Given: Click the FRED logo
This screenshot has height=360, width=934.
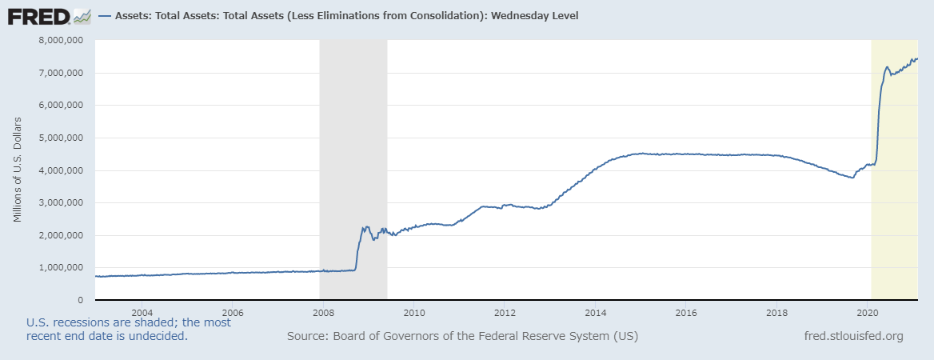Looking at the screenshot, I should click(x=38, y=15).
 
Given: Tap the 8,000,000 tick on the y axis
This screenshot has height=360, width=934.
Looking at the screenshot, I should click(x=65, y=40).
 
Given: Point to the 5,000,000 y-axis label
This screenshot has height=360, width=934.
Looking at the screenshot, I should click(x=65, y=138).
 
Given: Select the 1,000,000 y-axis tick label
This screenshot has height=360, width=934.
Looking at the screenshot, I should click(x=65, y=268).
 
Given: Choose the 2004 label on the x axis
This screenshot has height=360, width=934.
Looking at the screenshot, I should click(x=142, y=312).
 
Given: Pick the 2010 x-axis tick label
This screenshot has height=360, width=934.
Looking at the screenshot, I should click(x=413, y=312).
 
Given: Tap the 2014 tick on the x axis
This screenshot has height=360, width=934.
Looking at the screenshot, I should click(x=595, y=312).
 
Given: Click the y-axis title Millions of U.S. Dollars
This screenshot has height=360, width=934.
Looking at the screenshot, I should click(x=18, y=170).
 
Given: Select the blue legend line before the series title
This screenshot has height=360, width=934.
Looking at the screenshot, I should click(x=104, y=16).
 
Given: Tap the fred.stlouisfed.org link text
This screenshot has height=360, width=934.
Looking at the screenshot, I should click(x=853, y=336).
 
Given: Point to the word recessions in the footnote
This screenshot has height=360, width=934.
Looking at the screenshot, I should click(x=82, y=322).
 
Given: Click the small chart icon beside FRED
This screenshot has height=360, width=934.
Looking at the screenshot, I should click(x=81, y=15).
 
